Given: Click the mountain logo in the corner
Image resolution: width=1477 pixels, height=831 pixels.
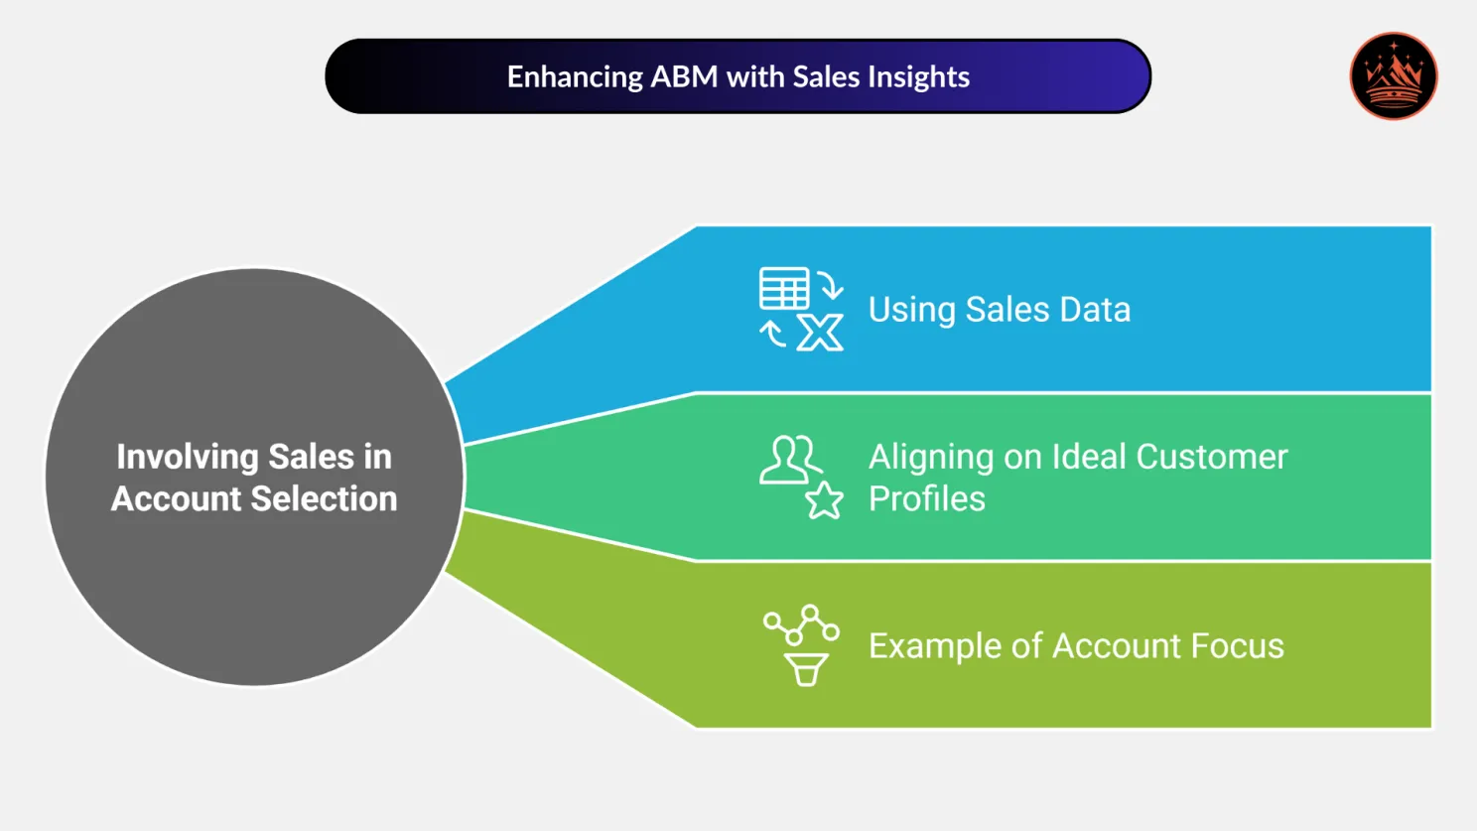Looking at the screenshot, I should (1393, 76).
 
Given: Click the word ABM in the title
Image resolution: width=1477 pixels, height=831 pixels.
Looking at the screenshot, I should (683, 76).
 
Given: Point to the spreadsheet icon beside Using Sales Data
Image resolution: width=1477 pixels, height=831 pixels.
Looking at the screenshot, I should (784, 289).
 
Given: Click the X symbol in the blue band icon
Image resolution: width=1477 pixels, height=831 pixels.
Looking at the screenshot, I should (820, 333).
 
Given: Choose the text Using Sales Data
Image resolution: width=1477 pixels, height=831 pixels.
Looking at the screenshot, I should (999, 310).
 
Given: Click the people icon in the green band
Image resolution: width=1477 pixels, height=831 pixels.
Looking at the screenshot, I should (790, 460).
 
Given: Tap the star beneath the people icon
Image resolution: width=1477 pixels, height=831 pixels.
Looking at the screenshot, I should (824, 500).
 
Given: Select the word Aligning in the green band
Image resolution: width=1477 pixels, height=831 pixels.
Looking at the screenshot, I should (931, 458).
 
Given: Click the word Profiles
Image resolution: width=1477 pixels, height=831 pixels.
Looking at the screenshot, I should (926, 498).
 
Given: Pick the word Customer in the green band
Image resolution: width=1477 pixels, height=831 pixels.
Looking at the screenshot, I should (1211, 457).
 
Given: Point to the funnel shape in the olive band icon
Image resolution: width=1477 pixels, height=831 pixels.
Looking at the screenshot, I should (806, 670).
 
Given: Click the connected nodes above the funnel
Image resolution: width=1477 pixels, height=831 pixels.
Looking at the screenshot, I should (801, 624).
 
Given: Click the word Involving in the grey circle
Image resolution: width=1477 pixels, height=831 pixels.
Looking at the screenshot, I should (188, 457).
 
